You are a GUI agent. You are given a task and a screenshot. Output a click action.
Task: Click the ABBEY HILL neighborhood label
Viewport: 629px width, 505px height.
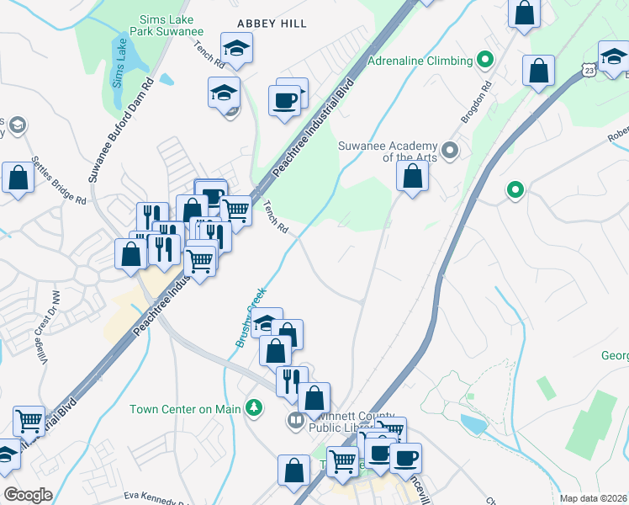click(x=271, y=24)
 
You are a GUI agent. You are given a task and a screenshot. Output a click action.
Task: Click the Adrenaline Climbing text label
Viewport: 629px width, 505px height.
click(x=420, y=61)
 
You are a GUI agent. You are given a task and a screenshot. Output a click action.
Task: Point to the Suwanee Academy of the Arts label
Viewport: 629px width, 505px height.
click(x=389, y=151)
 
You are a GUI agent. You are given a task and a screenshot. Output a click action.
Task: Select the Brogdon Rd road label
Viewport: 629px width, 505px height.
click(x=475, y=104)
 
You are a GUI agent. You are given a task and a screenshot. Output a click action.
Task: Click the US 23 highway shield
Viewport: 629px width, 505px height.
click(x=589, y=71)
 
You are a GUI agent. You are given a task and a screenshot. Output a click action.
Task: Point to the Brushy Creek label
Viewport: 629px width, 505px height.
click(x=251, y=316)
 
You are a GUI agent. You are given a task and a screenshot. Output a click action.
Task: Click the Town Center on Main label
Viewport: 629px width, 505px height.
click(x=184, y=410)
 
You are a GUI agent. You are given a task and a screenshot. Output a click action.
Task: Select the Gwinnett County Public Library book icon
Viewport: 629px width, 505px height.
click(x=295, y=420)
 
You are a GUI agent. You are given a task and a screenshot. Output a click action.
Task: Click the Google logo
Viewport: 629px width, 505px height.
click(x=28, y=495)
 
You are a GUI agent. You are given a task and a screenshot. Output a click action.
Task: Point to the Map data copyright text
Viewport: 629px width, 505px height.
click(x=594, y=498)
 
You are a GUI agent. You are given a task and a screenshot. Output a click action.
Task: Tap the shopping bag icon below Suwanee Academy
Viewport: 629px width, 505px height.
click(x=412, y=177)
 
